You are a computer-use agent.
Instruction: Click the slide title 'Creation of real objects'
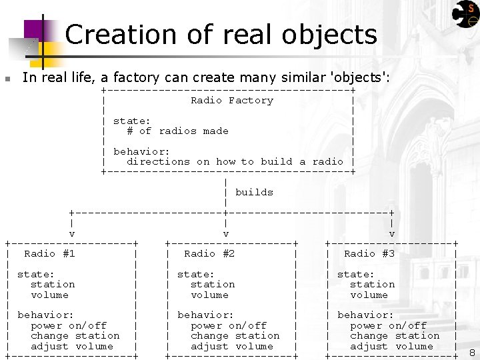tap(221, 35)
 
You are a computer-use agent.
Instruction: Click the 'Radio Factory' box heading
tap(231, 101)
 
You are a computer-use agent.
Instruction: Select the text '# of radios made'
tap(177, 131)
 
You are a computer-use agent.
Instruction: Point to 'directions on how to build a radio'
tap(235, 161)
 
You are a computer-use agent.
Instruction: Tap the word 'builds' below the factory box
tap(254, 192)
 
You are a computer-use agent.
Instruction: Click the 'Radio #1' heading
tap(49, 253)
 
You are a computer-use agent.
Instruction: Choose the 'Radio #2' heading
tap(209, 253)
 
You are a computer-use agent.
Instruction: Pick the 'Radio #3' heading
tap(369, 253)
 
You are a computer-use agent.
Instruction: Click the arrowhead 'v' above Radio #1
tap(72, 234)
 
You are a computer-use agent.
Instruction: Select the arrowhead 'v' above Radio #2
tap(226, 234)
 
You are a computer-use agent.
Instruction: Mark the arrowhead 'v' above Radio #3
tap(392, 234)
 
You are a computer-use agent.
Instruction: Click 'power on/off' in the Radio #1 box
tap(69, 326)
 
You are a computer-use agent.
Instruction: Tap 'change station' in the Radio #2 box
tap(235, 336)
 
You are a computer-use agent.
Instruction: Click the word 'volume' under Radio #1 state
tap(49, 295)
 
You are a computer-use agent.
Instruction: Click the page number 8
tap(472, 353)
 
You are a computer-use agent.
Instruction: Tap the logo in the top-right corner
tap(465, 13)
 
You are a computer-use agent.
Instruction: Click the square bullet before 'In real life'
tap(7, 79)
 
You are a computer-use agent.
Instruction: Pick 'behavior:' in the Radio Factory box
tap(141, 151)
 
